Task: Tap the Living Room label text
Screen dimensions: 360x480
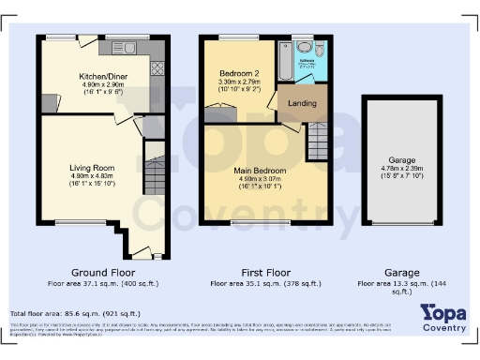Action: click(x=91, y=169)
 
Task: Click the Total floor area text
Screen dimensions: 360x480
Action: click(x=75, y=313)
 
